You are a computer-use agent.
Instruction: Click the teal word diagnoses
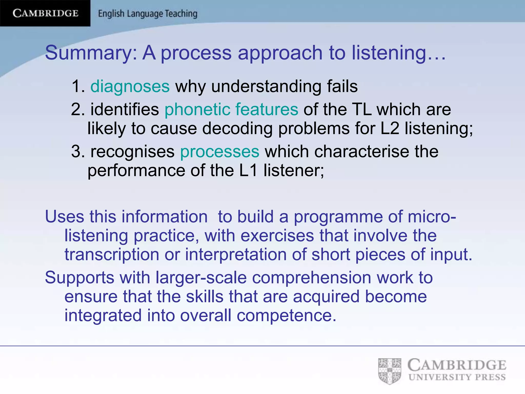pyautogui.click(x=130, y=87)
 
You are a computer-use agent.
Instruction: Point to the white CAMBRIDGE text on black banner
pyautogui.click(x=45, y=13)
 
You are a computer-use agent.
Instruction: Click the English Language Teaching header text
pyautogui.click(x=148, y=14)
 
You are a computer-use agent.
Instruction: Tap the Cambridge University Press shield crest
pyautogui.click(x=390, y=371)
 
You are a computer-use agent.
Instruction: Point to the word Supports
pyautogui.click(x=79, y=278)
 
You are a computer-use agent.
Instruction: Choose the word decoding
pyautogui.click(x=237, y=128)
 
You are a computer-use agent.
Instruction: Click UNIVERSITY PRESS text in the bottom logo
pyautogui.click(x=457, y=377)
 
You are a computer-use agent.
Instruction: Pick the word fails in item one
pyautogui.click(x=342, y=87)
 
